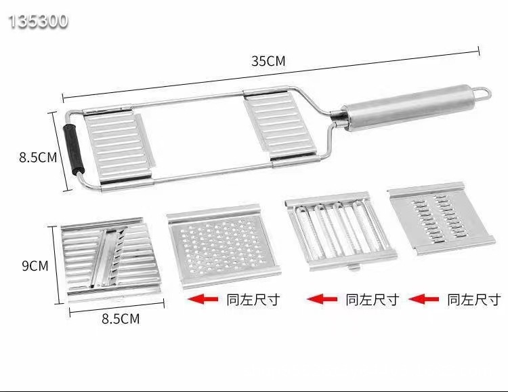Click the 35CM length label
coord(269,61)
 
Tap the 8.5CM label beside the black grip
coord(37,158)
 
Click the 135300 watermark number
coord(39,22)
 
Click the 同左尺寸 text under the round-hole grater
coord(253,299)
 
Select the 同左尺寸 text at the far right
coord(474,299)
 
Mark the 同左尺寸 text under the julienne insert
coord(372,299)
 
